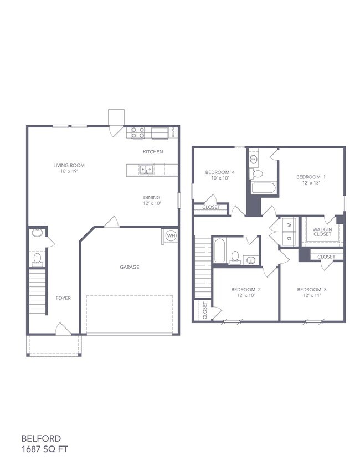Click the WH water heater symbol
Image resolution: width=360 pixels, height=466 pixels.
(x=171, y=236)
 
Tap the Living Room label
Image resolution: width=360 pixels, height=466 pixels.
(x=69, y=165)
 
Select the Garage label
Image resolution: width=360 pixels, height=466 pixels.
(x=130, y=267)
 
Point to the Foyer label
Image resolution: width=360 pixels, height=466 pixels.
(x=63, y=298)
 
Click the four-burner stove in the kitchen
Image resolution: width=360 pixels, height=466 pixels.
(x=138, y=133)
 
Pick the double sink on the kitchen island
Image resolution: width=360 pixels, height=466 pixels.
(x=146, y=170)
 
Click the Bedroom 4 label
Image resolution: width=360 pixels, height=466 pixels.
(x=220, y=172)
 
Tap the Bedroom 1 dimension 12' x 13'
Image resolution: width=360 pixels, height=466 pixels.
(x=311, y=183)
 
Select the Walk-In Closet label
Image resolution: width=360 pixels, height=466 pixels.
(x=322, y=232)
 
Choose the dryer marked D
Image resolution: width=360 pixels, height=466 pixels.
(x=289, y=238)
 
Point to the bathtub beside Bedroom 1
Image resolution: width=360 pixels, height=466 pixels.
(x=264, y=188)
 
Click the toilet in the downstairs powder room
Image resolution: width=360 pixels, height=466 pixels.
(x=38, y=259)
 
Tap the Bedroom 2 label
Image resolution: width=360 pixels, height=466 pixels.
(x=246, y=289)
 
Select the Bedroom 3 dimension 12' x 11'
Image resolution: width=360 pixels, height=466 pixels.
(x=312, y=295)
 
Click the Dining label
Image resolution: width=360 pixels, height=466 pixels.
(x=152, y=197)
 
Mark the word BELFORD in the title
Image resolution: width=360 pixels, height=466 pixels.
(x=42, y=438)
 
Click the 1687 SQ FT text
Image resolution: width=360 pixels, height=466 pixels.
(x=44, y=449)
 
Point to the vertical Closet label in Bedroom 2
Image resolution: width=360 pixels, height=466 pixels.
(x=205, y=310)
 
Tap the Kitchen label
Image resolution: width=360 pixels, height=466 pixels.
(x=153, y=152)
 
